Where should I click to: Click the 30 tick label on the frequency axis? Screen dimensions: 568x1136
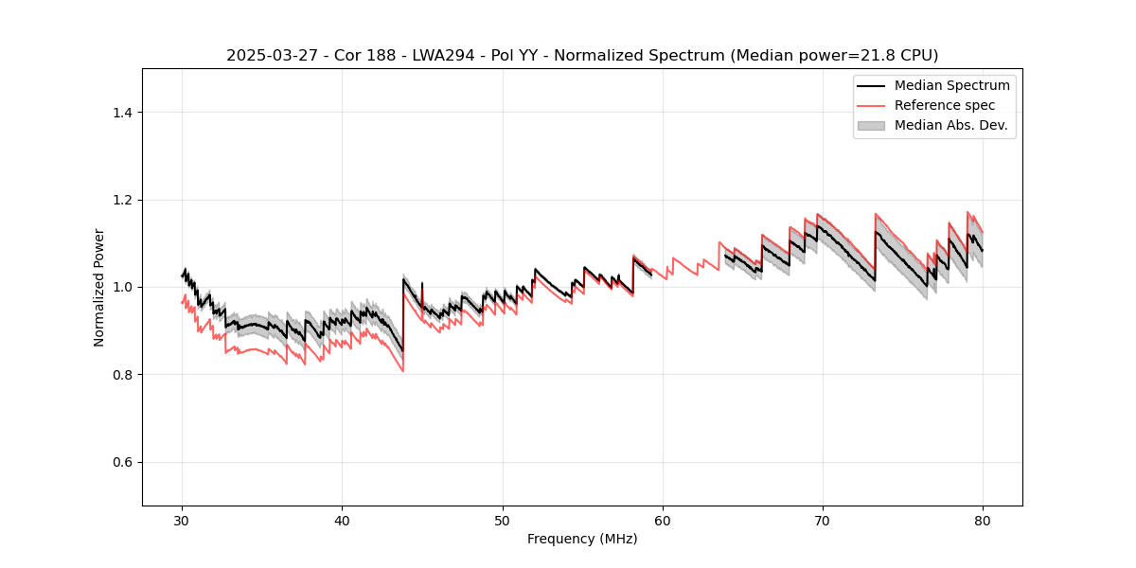click(183, 521)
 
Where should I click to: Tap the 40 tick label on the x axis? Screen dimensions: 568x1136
click(343, 521)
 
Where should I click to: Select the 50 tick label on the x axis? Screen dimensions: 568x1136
click(503, 521)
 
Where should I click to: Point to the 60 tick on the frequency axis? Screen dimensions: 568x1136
click(663, 521)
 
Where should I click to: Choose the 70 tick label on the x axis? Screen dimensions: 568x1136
click(823, 521)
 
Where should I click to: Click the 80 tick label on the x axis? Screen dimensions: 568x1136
click(983, 521)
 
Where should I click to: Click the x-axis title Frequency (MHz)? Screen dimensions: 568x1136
click(582, 540)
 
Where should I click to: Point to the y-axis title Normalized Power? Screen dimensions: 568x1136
click(99, 287)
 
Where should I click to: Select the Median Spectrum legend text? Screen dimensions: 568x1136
click(951, 85)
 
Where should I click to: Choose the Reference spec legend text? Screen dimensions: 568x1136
click(945, 105)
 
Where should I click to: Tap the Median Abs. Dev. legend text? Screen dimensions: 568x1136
click(950, 125)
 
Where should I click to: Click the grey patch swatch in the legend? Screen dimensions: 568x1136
click(871, 125)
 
